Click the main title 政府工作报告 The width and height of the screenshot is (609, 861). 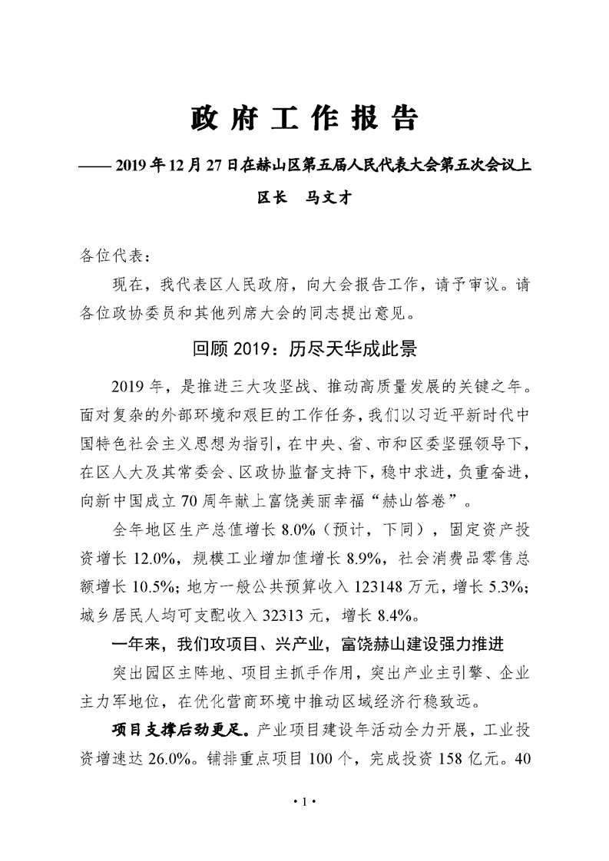304,119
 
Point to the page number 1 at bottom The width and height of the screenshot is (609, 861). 304,802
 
